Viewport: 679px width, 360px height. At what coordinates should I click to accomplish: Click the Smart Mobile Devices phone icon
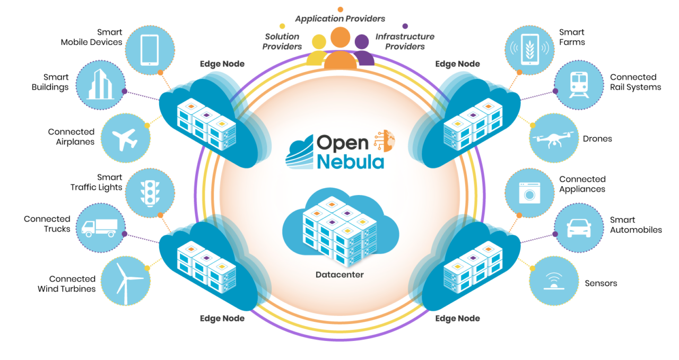coord(150,49)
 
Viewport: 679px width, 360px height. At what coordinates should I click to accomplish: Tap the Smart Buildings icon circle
coord(101,85)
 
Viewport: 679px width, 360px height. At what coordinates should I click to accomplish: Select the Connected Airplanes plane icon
coord(126,138)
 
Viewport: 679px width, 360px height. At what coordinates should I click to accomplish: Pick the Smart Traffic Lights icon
coord(150,192)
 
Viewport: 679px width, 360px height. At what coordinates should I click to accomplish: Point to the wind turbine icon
coord(126,281)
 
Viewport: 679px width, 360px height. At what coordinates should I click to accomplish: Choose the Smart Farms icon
coord(529,49)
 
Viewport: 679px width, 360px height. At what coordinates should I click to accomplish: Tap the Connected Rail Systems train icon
coord(578,85)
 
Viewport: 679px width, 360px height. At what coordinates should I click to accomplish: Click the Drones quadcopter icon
coord(554,138)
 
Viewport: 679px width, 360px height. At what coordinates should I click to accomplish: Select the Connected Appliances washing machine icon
coord(529,192)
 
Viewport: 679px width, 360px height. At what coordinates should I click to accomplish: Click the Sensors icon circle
coord(554,281)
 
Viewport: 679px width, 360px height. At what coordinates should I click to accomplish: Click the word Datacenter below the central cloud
coord(340,275)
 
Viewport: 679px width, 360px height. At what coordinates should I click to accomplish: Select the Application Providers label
coord(340,19)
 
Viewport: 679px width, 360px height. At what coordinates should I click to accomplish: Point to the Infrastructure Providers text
coord(405,41)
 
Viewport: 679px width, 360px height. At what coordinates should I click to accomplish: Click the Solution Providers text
coord(282,41)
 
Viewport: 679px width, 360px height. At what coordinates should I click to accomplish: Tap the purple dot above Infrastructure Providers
coord(405,26)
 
